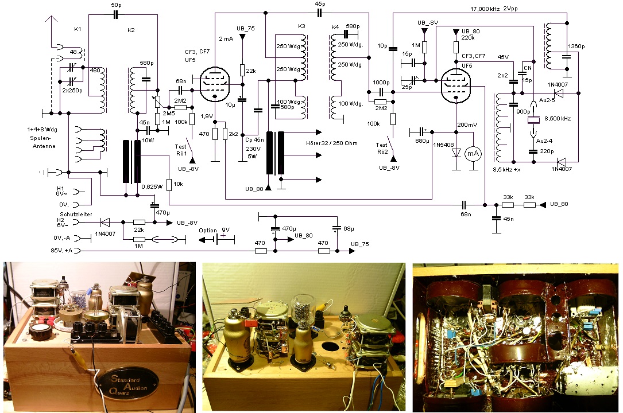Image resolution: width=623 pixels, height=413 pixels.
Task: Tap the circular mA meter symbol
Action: click(472, 153)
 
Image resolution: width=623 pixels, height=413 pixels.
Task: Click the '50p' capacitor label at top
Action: click(115, 5)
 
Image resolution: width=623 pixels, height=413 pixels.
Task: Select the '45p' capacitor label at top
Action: click(319, 5)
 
